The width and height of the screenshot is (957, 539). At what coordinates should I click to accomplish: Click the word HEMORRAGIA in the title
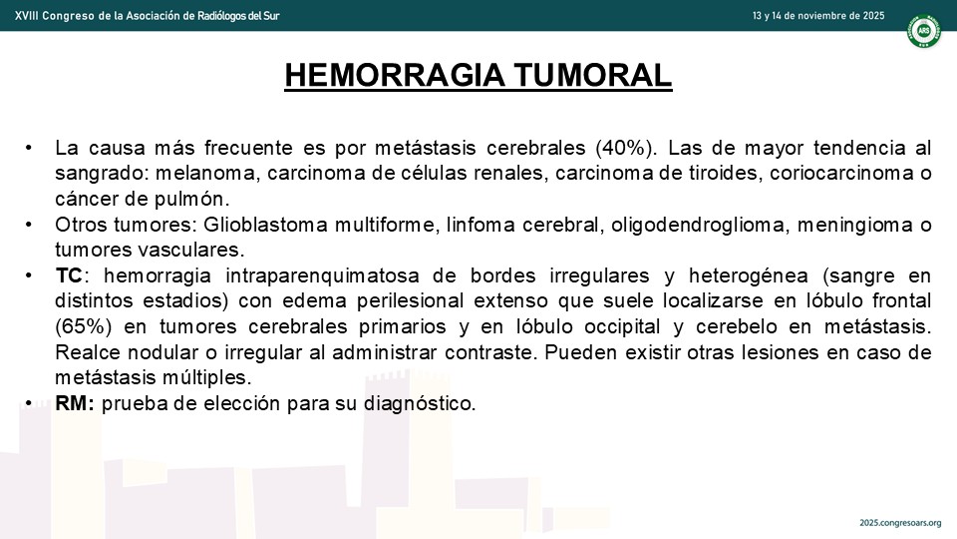[x=396, y=75]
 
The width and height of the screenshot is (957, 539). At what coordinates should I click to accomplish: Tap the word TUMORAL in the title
[x=592, y=75]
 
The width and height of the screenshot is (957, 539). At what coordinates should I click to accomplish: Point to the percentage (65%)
[x=83, y=326]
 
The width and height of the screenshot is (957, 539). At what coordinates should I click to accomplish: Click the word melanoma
[x=208, y=174]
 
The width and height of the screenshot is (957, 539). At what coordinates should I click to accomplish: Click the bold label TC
[x=69, y=275]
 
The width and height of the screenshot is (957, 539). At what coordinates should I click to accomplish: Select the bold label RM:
[x=75, y=403]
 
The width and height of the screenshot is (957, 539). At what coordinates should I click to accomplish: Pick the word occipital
[x=622, y=327]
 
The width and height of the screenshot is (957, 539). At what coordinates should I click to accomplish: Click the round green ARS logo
[x=923, y=31]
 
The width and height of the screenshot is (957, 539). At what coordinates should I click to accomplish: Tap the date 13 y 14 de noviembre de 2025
[x=817, y=16]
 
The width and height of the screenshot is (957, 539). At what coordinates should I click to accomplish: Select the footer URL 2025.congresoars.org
[x=900, y=523]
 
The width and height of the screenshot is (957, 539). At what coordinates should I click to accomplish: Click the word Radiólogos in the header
[x=222, y=16]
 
